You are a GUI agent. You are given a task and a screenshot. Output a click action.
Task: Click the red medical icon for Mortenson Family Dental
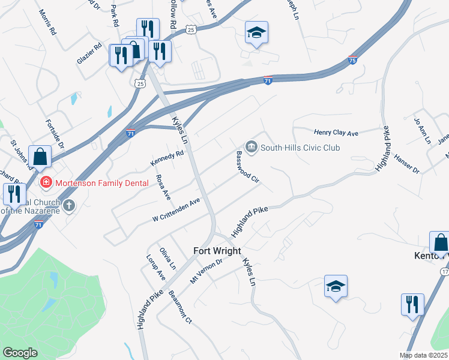(x=44, y=181)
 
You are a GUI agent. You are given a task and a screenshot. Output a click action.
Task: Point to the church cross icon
(x=70, y=206)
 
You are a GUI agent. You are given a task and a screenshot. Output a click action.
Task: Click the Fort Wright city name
(x=217, y=251)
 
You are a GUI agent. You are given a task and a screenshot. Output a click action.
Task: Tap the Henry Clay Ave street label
(x=336, y=132)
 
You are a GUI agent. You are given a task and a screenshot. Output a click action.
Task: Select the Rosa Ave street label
(x=163, y=187)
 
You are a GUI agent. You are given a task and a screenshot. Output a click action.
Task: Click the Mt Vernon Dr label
(x=206, y=271)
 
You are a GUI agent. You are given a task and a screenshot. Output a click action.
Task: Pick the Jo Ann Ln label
(x=423, y=130)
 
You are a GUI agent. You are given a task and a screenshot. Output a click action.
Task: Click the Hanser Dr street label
(x=406, y=164)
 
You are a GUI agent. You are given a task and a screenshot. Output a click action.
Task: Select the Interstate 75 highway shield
(x=354, y=61)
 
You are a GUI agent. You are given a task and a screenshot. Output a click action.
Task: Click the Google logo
(x=20, y=353)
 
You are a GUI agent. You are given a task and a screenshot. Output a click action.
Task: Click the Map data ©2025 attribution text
(x=423, y=355)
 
